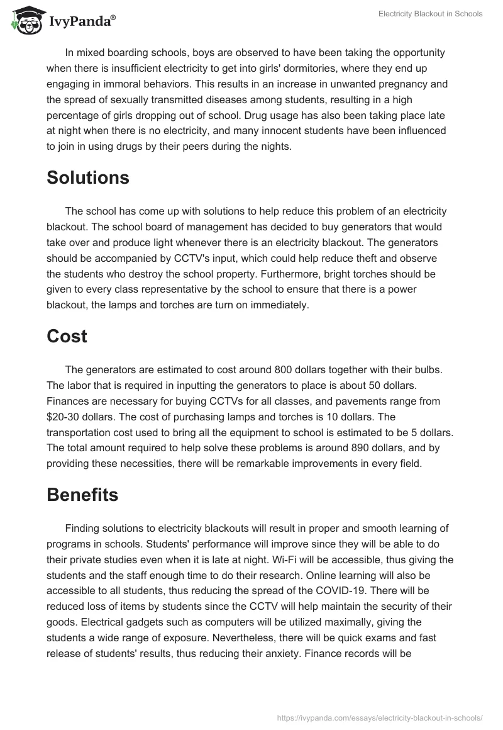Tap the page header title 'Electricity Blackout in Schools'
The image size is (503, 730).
coord(430,14)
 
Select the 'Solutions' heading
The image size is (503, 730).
coord(87,177)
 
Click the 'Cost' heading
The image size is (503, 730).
coord(67,336)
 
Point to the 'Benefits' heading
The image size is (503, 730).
coord(82,495)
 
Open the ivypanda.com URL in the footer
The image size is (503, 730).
coord(380,717)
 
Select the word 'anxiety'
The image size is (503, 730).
coord(279,653)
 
